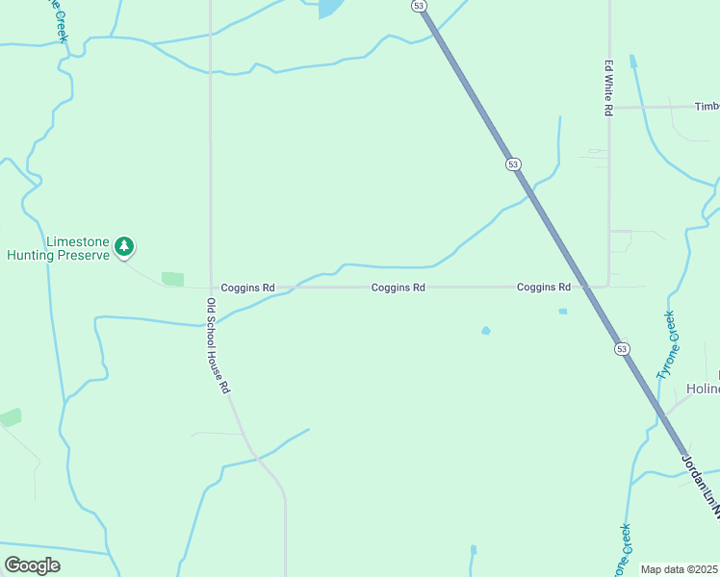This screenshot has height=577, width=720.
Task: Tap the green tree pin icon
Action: pyautogui.click(x=124, y=247)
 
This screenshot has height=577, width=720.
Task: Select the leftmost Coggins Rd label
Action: pyautogui.click(x=247, y=288)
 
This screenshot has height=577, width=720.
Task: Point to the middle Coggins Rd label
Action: pyautogui.click(x=399, y=288)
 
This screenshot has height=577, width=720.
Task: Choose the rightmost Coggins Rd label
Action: pyautogui.click(x=543, y=288)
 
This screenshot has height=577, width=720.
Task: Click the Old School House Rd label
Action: pyautogui.click(x=219, y=345)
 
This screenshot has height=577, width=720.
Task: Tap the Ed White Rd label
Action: pyautogui.click(x=608, y=88)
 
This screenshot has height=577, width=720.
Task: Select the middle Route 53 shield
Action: pyautogui.click(x=513, y=164)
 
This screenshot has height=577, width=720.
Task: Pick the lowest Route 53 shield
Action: pyautogui.click(x=623, y=348)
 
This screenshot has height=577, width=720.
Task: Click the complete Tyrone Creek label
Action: pyautogui.click(x=667, y=343)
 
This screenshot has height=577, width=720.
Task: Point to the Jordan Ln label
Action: pyautogui.click(x=701, y=487)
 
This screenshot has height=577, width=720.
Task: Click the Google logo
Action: pyautogui.click(x=32, y=565)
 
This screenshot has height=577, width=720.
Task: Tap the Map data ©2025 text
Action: pyautogui.click(x=679, y=569)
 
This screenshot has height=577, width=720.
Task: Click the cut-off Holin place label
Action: pyautogui.click(x=703, y=389)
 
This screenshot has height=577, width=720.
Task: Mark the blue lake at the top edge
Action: pyautogui.click(x=330, y=9)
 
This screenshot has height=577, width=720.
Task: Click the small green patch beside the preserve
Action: pyautogui.click(x=172, y=279)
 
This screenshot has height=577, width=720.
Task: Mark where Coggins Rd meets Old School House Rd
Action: pyautogui.click(x=211, y=288)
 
